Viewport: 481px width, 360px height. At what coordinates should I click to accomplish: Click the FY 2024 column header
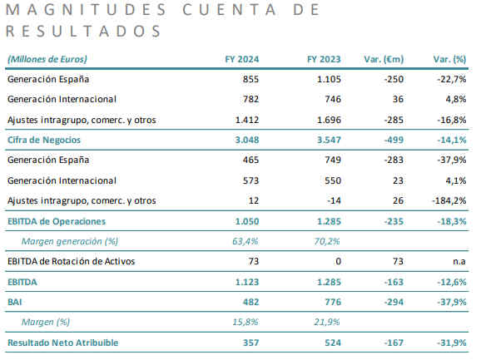(241, 59)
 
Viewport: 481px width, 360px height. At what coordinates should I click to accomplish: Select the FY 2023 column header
(324, 59)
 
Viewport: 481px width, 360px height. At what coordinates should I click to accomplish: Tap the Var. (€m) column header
(384, 59)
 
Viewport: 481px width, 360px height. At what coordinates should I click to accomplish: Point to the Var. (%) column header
(449, 59)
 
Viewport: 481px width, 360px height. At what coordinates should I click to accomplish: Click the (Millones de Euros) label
(47, 59)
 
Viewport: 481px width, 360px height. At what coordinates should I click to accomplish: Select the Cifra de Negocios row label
(44, 140)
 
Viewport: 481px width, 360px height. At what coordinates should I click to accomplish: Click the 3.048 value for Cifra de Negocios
(247, 140)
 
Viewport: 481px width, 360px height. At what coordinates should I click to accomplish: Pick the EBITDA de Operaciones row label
(57, 221)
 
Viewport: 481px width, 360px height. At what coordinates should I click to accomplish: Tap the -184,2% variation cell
(449, 200)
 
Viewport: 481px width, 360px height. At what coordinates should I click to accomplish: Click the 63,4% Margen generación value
(245, 241)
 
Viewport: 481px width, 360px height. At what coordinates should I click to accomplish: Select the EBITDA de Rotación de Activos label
(72, 261)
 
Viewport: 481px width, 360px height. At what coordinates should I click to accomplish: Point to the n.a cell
(459, 261)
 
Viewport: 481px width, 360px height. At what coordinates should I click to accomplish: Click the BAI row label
(15, 302)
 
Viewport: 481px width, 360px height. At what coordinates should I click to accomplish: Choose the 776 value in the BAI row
(333, 302)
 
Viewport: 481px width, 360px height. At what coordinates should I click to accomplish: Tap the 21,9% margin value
(327, 322)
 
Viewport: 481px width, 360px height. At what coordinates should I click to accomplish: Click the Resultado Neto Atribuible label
(63, 343)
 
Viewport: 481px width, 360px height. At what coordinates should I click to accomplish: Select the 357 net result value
(251, 343)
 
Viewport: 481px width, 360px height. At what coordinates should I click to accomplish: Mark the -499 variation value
(394, 140)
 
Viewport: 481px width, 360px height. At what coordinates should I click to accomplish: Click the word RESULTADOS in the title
(83, 31)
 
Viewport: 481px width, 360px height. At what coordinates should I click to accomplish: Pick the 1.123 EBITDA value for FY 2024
(247, 282)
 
